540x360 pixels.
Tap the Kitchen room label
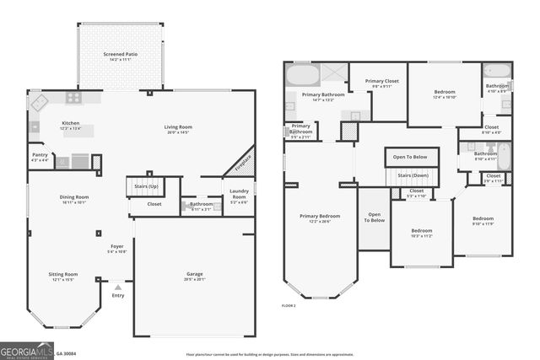tap(70, 123)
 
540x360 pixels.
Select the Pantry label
tap(40, 155)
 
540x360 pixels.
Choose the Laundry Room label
tap(239, 196)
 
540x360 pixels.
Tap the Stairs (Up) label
tap(142, 185)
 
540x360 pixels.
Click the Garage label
tap(194, 274)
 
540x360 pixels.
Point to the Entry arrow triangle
tap(117, 287)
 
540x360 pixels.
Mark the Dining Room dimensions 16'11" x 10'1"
tap(74, 202)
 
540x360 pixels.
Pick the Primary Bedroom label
tap(320, 216)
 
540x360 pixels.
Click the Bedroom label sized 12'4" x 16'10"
tap(445, 91)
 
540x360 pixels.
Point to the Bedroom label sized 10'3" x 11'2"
tap(421, 230)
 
